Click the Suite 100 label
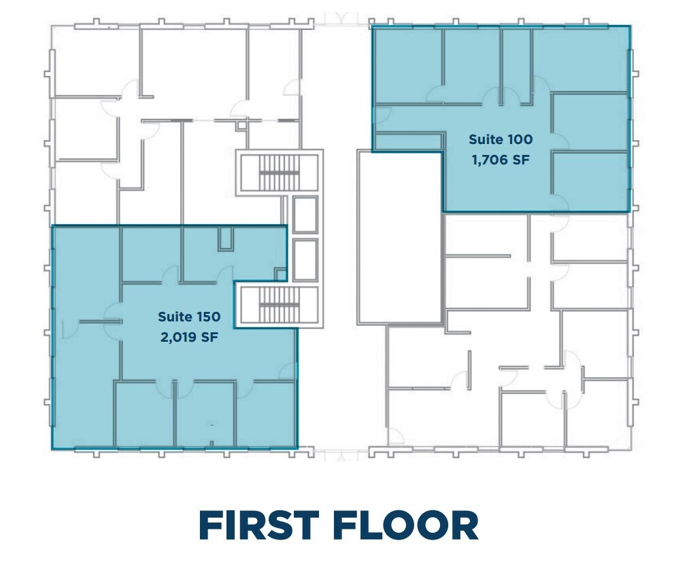pos(500,140)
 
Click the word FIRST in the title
pos(259,525)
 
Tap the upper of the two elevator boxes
pos(305,214)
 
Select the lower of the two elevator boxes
pos(305,259)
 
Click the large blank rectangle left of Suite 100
pos(399,236)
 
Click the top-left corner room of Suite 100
pos(407,65)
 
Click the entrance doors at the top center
pos(336,19)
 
